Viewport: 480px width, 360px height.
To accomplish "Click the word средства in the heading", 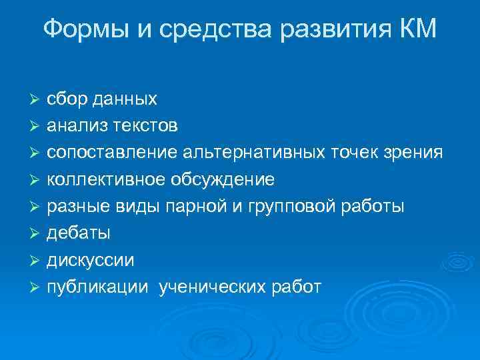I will tap(216, 29).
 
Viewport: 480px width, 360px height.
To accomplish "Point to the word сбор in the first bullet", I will tap(67, 99).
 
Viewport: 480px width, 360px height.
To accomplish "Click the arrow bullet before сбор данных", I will tap(36, 100).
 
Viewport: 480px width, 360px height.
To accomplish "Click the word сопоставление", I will tap(111, 153).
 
